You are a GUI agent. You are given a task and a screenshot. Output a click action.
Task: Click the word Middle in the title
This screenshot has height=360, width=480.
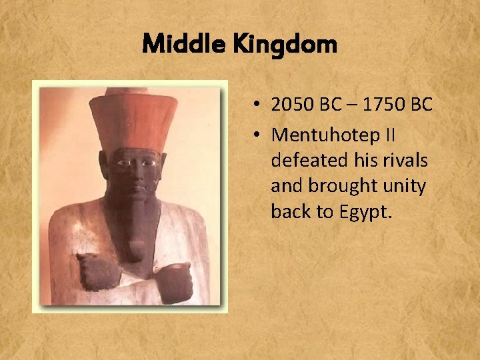[175, 45]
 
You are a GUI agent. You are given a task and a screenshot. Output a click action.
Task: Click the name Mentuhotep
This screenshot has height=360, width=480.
[323, 135]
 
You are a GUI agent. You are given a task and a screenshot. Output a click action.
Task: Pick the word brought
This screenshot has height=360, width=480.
[341, 186]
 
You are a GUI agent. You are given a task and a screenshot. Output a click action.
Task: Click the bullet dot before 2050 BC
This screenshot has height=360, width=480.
[257, 105]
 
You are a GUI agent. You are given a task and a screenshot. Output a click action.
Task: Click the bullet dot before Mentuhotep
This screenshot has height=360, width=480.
[257, 135]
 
